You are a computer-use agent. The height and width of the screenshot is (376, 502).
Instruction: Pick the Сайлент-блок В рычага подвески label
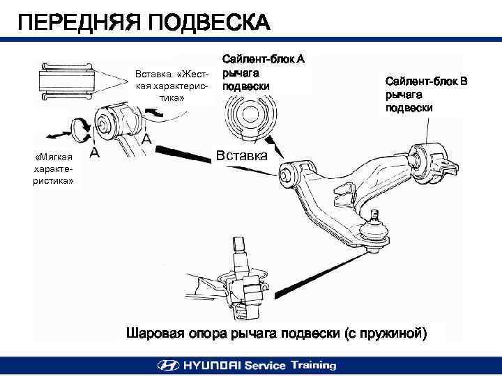(x=426, y=95)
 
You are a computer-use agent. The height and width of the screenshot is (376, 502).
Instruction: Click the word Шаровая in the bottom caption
(x=157, y=331)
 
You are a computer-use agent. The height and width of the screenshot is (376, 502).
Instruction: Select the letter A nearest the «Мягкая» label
(x=93, y=152)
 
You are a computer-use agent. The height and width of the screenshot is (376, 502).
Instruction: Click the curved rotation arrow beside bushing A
(x=79, y=127)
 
